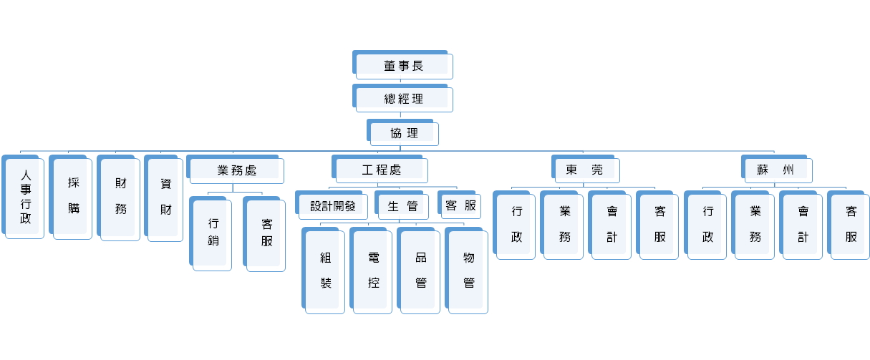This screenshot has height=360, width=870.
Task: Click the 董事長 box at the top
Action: point(403,66)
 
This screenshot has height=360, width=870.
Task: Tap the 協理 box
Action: point(404,134)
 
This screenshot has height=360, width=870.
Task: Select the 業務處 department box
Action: point(236,170)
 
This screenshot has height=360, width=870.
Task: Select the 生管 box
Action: point(402,206)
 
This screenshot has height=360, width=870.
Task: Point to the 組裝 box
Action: point(326,270)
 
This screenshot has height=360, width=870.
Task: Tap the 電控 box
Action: point(373,270)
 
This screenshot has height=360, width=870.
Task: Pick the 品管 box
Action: point(420,270)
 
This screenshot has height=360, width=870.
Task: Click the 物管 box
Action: point(468,270)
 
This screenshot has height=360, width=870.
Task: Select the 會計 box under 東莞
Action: point(612,224)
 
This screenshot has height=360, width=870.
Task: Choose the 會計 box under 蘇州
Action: point(803,224)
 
